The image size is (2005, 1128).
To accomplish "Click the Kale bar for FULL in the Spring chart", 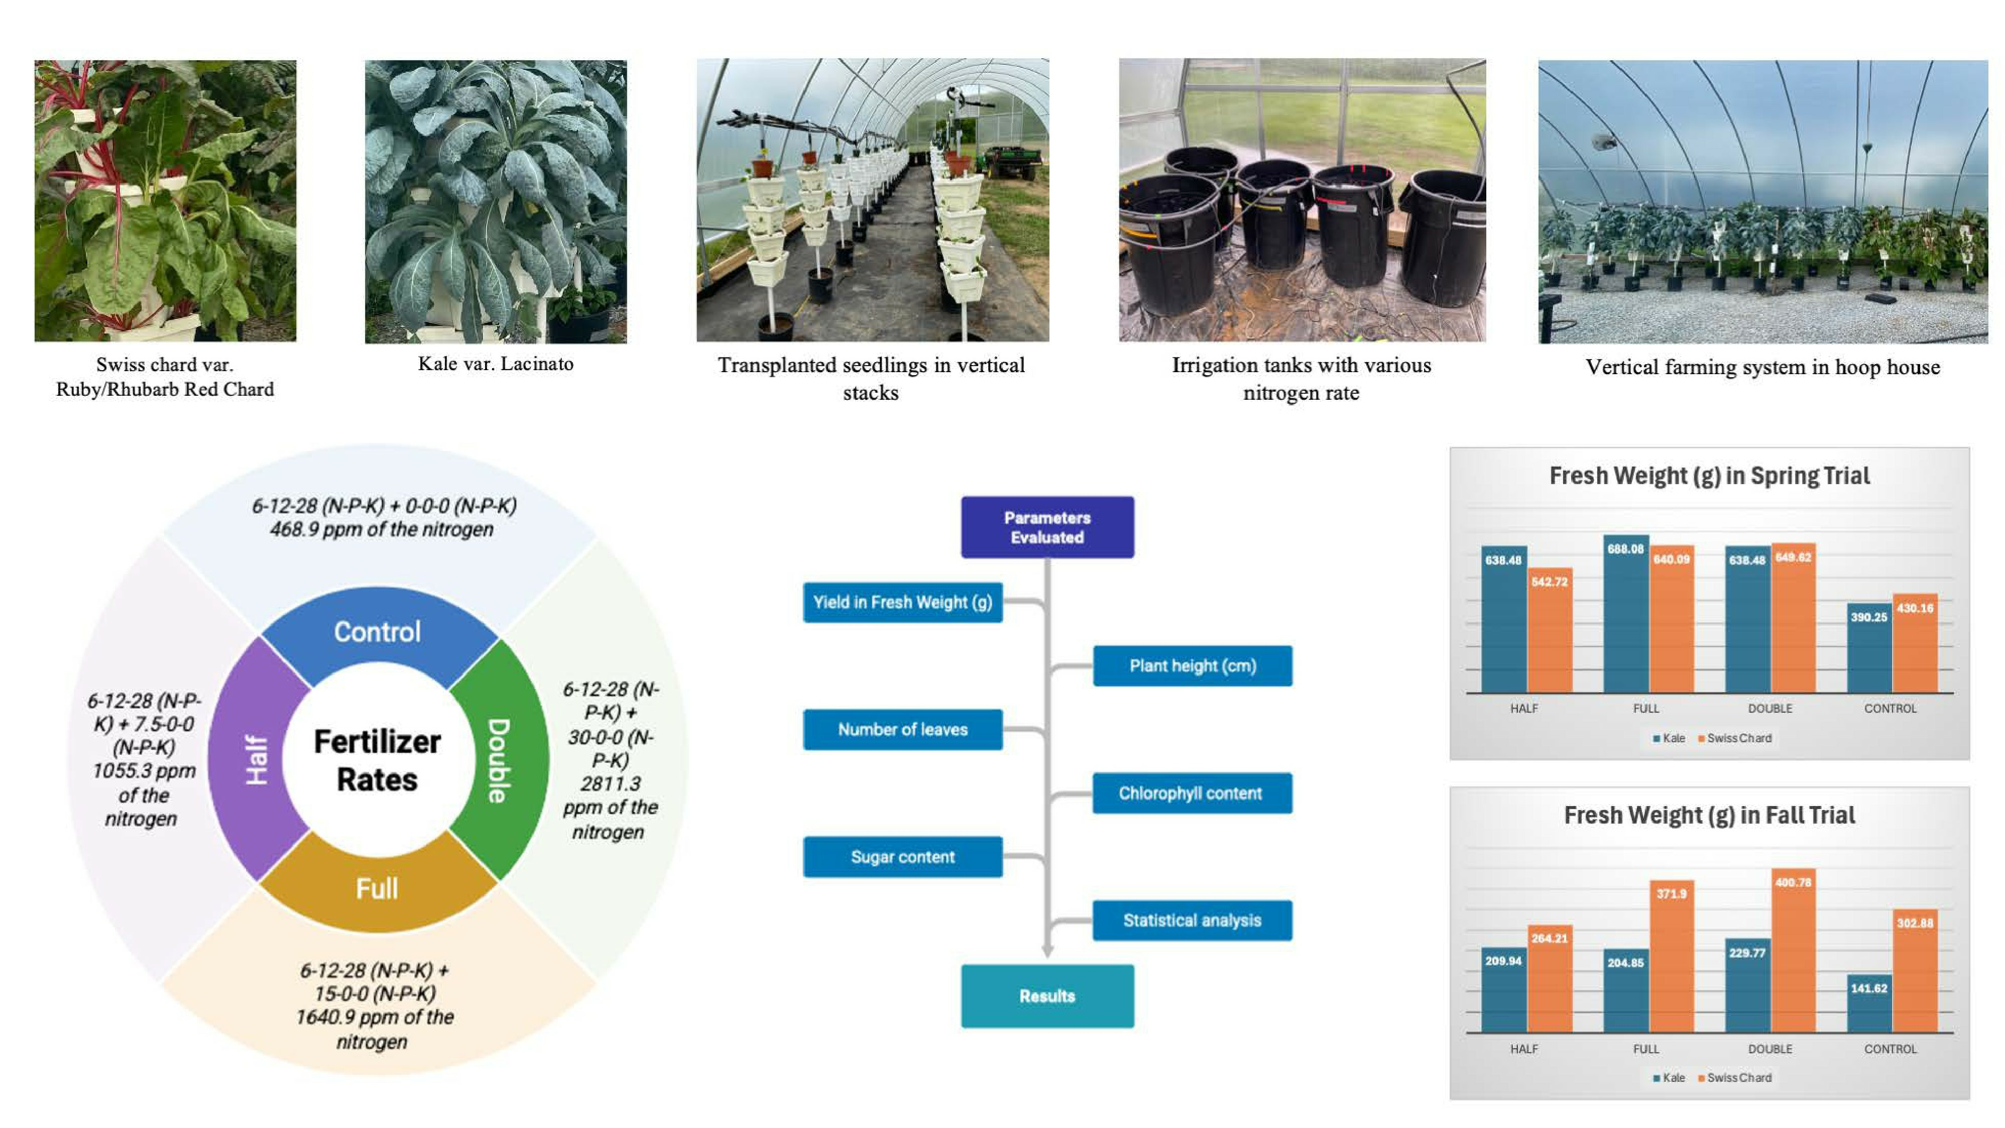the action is (x=1626, y=613).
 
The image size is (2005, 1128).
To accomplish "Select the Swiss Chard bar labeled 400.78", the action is (x=1793, y=951).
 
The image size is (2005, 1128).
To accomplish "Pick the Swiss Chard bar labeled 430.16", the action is (x=1915, y=643).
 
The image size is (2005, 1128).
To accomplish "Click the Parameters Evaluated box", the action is (x=1047, y=527).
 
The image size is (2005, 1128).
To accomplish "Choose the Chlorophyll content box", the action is (x=1192, y=793).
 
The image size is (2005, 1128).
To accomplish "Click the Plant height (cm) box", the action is (x=1193, y=665).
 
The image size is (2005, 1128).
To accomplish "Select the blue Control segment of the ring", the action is (x=378, y=631).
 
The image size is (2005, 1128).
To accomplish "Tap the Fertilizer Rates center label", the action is (x=378, y=760).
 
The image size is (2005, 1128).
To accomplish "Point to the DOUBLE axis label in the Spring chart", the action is (x=1770, y=709).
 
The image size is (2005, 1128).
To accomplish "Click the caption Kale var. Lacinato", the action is (x=496, y=364).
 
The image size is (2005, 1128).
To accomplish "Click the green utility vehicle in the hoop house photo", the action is (x=1009, y=160).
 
